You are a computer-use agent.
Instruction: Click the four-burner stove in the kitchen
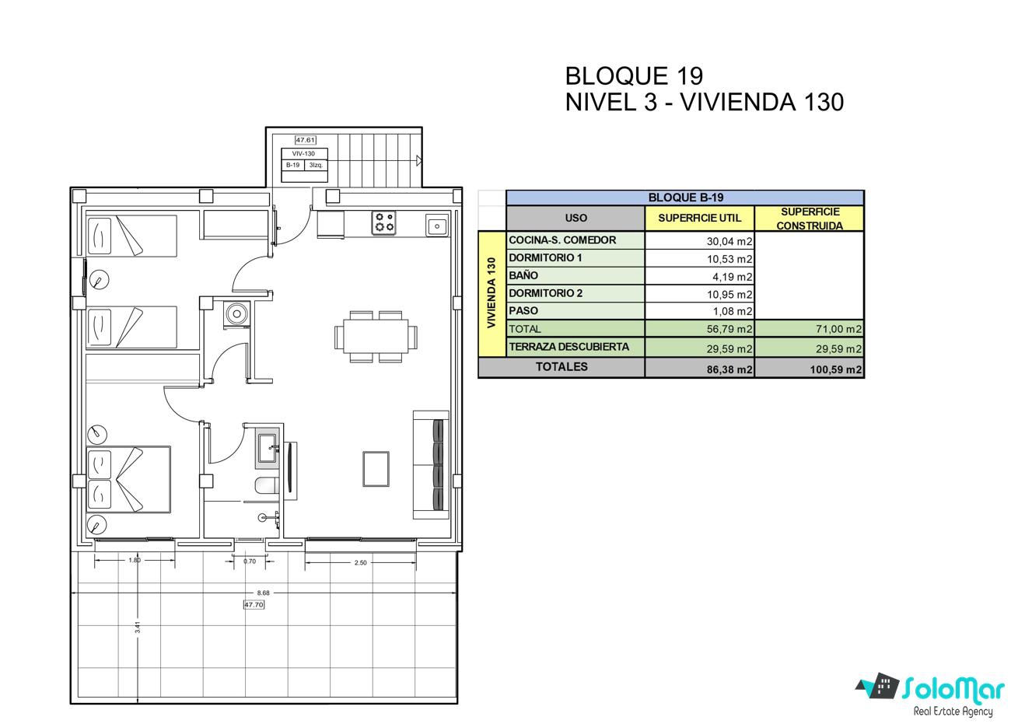[x=383, y=222]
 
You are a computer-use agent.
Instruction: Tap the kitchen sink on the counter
[x=437, y=226]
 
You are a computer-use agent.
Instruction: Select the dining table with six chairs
[x=376, y=337]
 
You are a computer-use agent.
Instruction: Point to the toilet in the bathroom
[x=268, y=486]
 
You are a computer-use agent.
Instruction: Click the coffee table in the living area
[x=376, y=469]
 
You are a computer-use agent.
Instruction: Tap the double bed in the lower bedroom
[x=128, y=479]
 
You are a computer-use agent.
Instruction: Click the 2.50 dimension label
[x=361, y=562]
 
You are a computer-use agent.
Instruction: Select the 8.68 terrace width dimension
[x=263, y=593]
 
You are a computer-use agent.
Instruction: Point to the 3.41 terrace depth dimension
[x=138, y=628]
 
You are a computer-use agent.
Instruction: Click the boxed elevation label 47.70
[x=254, y=604]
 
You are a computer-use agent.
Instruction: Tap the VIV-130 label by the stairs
[x=303, y=153]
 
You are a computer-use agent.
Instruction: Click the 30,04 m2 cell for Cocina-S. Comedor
[x=729, y=241]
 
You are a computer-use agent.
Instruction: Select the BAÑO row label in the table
[x=523, y=275]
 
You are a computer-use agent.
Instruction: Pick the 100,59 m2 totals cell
[x=835, y=369]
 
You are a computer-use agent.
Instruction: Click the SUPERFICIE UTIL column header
[x=700, y=218]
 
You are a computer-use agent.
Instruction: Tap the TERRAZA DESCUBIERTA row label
[x=568, y=347]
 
